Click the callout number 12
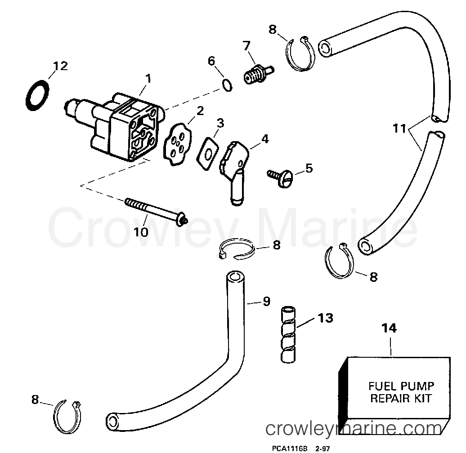coord(60,66)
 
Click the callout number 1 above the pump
coord(148,79)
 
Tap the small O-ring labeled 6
coord(228,85)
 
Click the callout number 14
coord(390,328)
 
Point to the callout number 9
coord(266,302)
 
